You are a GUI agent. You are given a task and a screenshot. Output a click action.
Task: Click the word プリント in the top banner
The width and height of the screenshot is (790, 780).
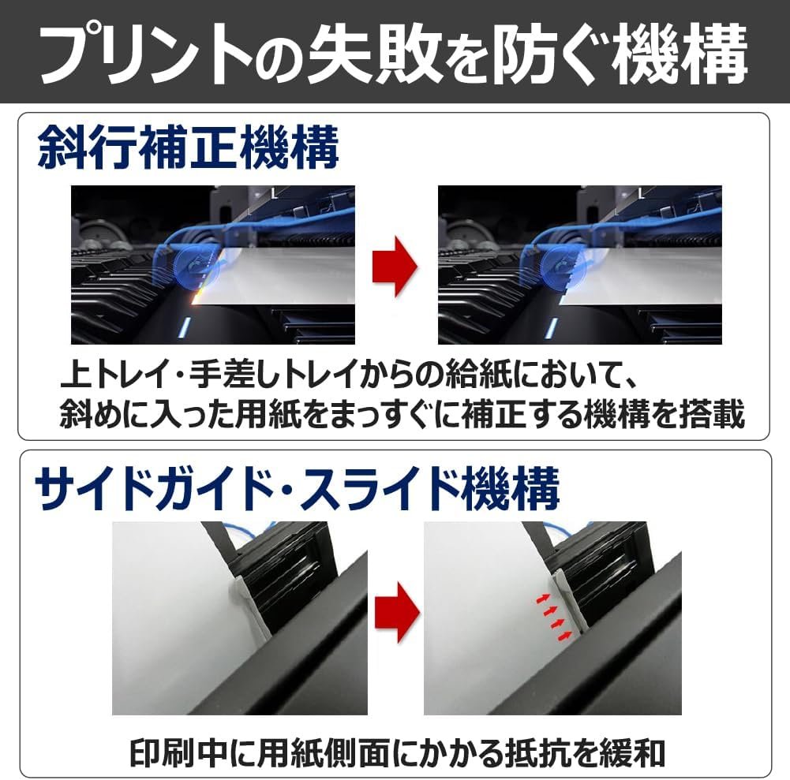tap(146, 54)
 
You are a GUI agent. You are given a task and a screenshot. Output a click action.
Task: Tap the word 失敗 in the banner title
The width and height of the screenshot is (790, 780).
tap(375, 54)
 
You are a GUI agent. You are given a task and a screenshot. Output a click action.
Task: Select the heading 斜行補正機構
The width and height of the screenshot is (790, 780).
tap(189, 147)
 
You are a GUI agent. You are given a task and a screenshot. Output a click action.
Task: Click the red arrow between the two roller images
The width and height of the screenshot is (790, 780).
tap(395, 266)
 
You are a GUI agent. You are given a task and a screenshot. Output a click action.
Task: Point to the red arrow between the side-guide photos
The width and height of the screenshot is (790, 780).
tap(398, 612)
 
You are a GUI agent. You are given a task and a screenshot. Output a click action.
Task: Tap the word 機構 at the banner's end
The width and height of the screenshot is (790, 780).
tap(680, 54)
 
